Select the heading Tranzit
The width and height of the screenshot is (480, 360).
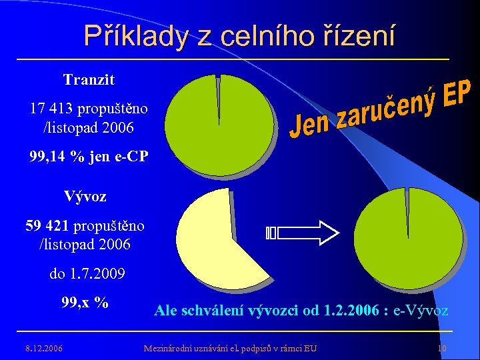[89, 80]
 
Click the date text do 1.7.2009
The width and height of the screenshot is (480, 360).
[87, 274]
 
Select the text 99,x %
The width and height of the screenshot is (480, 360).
[85, 302]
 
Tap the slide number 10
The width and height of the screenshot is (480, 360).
[441, 347]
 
